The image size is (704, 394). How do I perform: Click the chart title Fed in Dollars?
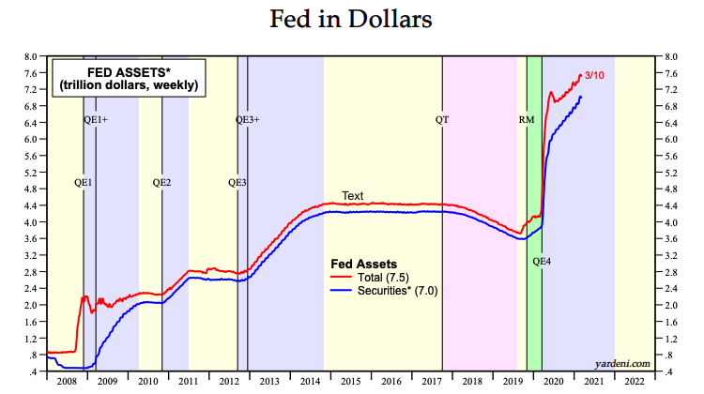[x=351, y=20]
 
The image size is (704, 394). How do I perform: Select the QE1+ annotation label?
[x=97, y=120]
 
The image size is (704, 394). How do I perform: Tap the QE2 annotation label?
[x=161, y=182]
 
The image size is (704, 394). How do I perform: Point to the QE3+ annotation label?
[x=247, y=120]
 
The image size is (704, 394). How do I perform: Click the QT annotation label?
[x=442, y=120]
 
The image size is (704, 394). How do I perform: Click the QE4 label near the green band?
[x=542, y=261]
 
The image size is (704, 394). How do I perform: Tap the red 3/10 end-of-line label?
[x=595, y=76]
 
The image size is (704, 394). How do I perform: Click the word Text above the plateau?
[x=352, y=196]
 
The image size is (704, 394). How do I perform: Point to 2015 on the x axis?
[x=350, y=383]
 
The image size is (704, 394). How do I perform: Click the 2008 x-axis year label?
[x=67, y=383]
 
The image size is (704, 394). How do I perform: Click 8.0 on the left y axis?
[x=31, y=56]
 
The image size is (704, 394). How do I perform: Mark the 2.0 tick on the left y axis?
[x=31, y=305]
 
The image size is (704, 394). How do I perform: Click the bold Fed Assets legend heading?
[x=365, y=264]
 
